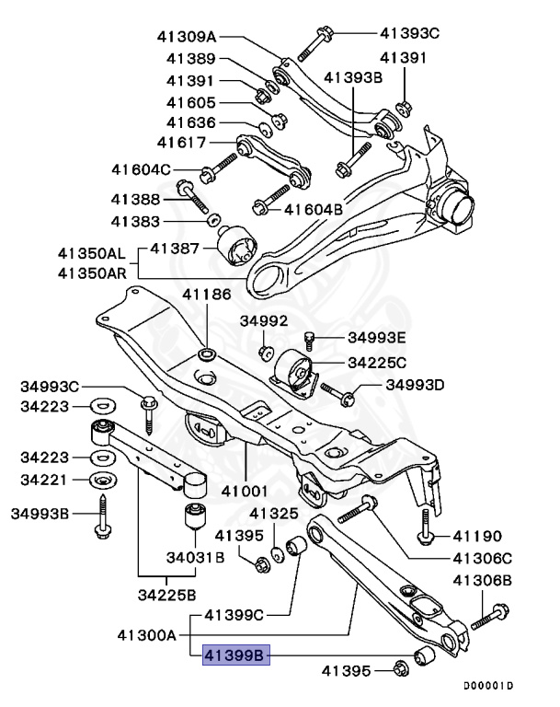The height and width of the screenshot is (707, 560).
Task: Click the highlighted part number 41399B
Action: [x=234, y=655]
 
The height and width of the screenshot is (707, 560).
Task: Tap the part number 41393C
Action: [x=410, y=34]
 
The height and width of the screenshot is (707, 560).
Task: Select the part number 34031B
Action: [x=195, y=556]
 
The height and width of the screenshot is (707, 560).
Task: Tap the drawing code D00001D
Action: [x=488, y=686]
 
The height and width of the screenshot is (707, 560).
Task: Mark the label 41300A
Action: [x=148, y=634]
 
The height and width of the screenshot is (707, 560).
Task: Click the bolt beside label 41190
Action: [x=425, y=527]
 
